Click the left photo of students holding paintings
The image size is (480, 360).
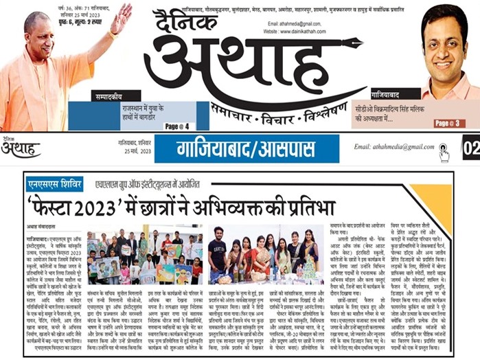tap(144, 254)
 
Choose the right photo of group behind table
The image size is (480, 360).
tap(260, 254)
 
